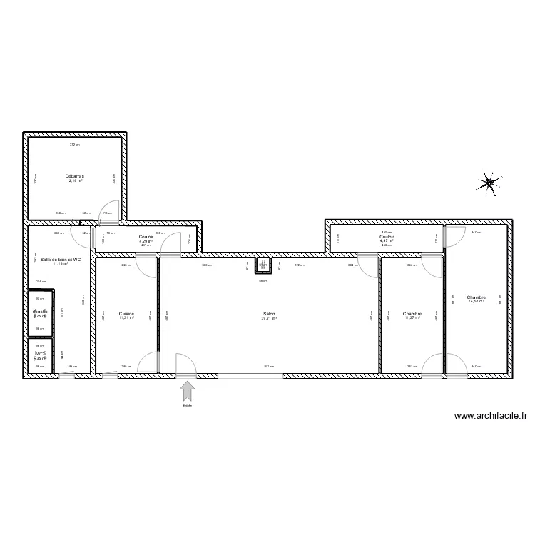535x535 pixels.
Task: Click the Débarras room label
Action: pyautogui.click(x=75, y=175)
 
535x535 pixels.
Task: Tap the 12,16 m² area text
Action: pyautogui.click(x=75, y=181)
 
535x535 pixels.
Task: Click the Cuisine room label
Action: pyautogui.click(x=126, y=314)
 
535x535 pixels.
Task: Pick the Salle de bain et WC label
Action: pyautogui.click(x=60, y=260)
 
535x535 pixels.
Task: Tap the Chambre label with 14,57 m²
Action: pyautogui.click(x=476, y=297)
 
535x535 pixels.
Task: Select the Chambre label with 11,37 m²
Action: pyautogui.click(x=412, y=314)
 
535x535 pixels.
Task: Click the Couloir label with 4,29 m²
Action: pyautogui.click(x=146, y=237)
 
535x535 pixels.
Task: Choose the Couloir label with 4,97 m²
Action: pyautogui.click(x=387, y=237)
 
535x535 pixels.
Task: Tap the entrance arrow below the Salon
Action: pyautogui.click(x=188, y=391)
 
